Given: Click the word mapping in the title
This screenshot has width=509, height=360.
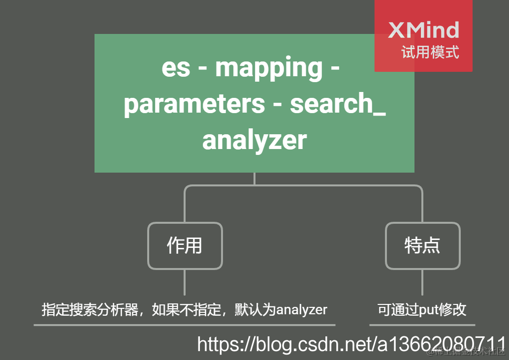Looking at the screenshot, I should [269, 68].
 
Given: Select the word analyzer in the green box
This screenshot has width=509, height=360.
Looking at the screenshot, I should [254, 140].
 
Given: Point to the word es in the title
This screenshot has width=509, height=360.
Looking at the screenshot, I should [176, 68].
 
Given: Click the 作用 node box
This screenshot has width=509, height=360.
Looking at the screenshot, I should [185, 245].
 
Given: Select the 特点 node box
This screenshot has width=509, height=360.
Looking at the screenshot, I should [422, 245].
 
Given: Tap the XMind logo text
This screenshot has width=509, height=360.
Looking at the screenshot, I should [423, 30].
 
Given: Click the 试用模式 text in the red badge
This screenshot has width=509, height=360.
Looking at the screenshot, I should [430, 52].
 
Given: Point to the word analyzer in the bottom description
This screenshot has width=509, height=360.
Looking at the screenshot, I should [301, 310].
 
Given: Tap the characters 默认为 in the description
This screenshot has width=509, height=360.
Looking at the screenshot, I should [255, 310].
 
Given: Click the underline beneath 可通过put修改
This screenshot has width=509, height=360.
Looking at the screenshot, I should [422, 325].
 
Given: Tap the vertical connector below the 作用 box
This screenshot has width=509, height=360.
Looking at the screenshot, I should [185, 282].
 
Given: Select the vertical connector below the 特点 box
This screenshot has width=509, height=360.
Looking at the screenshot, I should [422, 282].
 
